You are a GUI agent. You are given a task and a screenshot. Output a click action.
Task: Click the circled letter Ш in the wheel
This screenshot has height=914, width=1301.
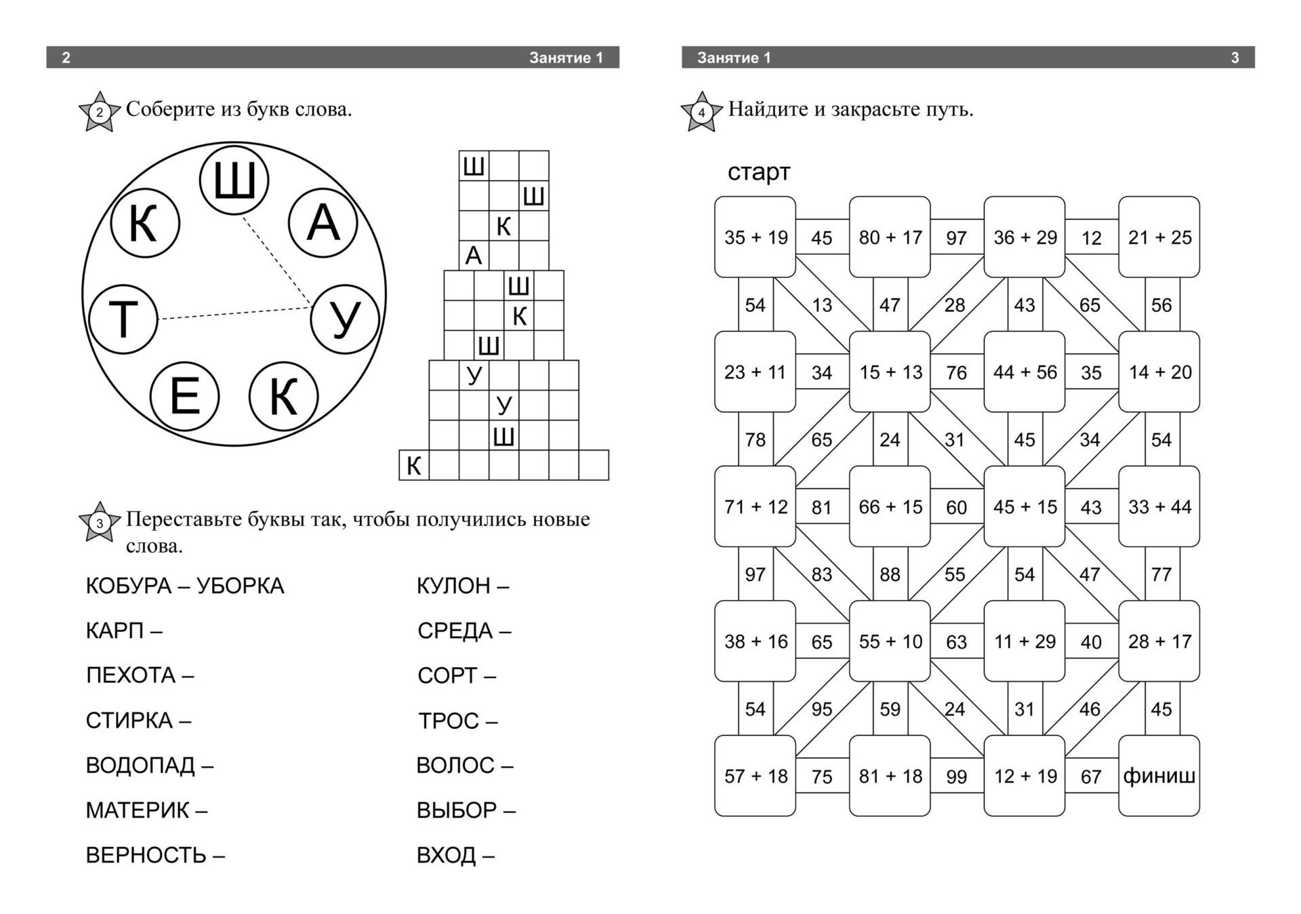(x=234, y=180)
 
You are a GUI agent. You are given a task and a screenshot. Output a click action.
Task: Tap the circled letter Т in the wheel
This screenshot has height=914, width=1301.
(x=123, y=319)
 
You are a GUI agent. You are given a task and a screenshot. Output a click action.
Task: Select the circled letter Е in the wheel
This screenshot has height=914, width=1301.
(x=184, y=397)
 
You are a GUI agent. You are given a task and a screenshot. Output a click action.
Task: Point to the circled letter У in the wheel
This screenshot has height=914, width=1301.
(x=345, y=319)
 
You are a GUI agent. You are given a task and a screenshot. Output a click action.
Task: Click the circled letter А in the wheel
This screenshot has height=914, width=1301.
(x=323, y=223)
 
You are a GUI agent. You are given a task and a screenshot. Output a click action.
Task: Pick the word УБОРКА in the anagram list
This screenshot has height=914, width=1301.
(x=241, y=586)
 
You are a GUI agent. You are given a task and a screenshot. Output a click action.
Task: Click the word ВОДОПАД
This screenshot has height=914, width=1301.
(x=140, y=766)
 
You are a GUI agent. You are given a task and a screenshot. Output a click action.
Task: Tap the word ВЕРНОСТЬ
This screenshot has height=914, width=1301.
(x=146, y=856)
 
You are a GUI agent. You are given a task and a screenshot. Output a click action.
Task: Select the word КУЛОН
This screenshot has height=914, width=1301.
(x=453, y=586)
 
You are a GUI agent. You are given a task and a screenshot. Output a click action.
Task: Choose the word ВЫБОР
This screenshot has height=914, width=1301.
(x=457, y=810)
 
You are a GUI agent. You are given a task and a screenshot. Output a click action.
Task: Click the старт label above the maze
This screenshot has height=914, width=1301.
(x=759, y=172)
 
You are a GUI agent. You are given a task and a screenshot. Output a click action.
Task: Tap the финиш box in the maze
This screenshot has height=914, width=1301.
(x=1159, y=776)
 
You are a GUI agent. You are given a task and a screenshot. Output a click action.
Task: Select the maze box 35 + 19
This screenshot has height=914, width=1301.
(x=756, y=237)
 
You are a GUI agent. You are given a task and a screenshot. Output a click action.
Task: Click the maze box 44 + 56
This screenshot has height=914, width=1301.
(x=1025, y=372)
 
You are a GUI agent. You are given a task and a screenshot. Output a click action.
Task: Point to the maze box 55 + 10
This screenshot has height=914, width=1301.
(x=890, y=641)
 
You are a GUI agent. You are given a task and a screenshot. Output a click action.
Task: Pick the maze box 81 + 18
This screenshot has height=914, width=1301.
(x=890, y=776)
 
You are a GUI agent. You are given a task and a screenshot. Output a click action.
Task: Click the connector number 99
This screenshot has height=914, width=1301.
(x=956, y=777)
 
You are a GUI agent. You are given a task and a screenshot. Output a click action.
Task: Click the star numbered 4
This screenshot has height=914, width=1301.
(x=701, y=112)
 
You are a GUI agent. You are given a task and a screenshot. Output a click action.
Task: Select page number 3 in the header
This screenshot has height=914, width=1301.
(x=1235, y=58)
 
